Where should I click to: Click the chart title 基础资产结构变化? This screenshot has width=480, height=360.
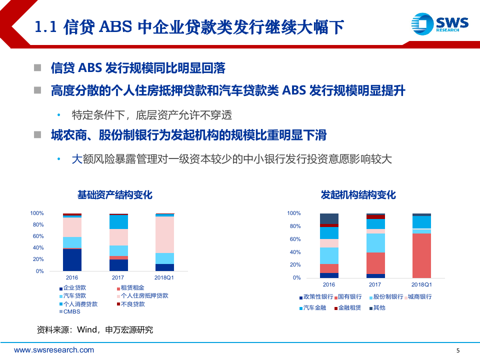point(114,194)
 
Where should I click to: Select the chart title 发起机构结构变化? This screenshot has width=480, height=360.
point(358,194)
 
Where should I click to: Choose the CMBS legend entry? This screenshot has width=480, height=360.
point(71,311)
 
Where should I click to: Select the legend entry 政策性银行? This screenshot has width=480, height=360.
point(316,297)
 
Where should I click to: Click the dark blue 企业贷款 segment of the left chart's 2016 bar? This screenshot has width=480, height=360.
point(72,260)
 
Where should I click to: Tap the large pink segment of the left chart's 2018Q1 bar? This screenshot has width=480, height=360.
point(165,234)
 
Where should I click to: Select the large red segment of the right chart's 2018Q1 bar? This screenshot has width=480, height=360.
point(421,255)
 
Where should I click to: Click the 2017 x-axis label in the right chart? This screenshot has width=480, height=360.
point(375,284)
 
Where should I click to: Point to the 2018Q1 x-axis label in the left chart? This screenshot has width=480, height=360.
point(165,278)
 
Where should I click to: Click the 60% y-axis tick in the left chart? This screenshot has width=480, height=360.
point(38,236)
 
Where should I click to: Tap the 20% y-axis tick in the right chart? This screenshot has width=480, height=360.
point(294,265)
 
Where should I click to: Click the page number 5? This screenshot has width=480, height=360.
point(458,350)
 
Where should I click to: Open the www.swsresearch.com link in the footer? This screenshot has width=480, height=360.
point(54,350)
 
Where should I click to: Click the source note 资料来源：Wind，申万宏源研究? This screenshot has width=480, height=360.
point(95,329)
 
